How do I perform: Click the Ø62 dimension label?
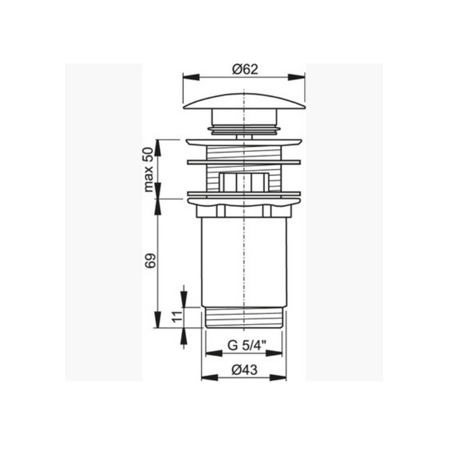click(245, 69)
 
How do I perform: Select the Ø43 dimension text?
click(244, 370)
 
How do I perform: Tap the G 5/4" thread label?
click(247, 345)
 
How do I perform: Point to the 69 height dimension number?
click(150, 260)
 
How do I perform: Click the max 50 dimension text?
click(148, 169)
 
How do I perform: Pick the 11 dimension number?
click(178, 317)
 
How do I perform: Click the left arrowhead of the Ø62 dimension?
click(191, 77)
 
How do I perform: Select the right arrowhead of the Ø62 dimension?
click(296, 77)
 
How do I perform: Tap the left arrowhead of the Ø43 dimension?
click(210, 377)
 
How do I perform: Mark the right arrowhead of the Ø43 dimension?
click(278, 377)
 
